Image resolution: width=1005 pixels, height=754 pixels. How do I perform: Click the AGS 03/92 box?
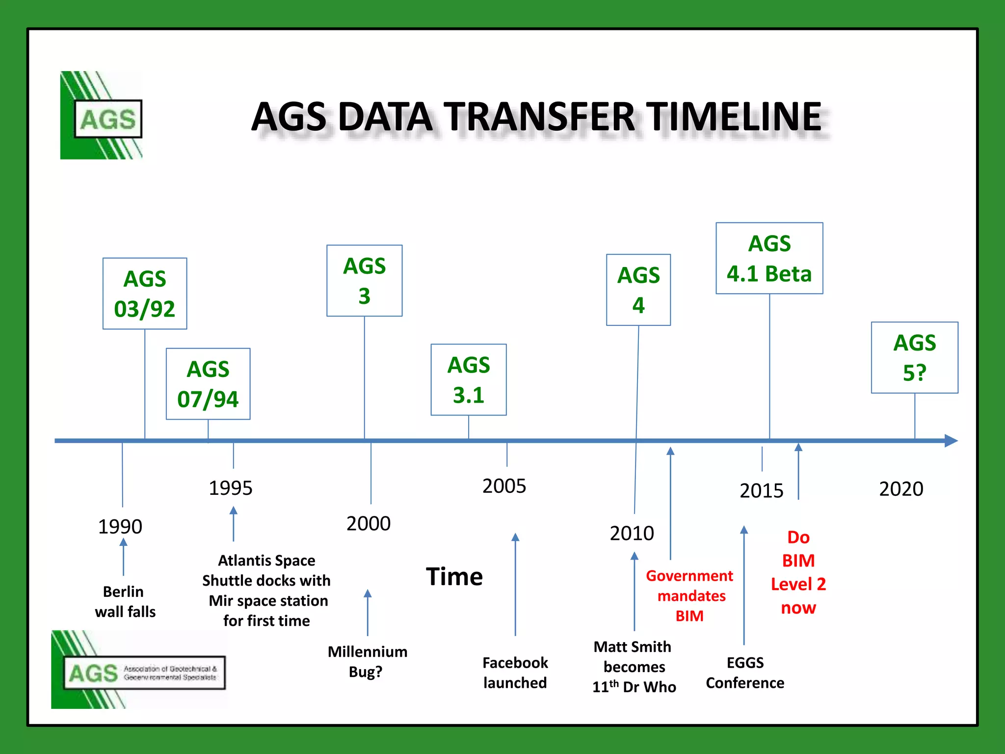click(145, 294)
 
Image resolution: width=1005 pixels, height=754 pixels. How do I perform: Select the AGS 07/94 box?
click(208, 384)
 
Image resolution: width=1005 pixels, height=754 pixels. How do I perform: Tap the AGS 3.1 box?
click(469, 379)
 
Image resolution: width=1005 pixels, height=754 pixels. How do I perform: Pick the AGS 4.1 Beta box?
click(769, 258)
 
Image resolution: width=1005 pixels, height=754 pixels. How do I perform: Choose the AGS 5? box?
click(914, 357)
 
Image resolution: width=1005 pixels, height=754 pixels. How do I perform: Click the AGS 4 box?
click(638, 290)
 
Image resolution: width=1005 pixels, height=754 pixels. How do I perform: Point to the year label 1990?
click(120, 526)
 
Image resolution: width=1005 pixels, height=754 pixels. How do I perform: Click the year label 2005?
click(504, 486)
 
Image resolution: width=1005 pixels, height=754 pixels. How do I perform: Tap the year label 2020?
click(901, 489)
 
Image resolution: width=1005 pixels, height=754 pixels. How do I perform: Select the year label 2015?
click(761, 490)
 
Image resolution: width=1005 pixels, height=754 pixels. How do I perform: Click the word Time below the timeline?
click(454, 576)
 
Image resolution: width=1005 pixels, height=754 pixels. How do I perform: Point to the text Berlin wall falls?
click(125, 601)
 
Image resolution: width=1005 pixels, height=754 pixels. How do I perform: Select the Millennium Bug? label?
click(367, 661)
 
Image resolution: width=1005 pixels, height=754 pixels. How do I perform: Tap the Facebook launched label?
click(515, 673)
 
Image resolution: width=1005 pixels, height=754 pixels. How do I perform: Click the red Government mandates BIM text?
click(689, 595)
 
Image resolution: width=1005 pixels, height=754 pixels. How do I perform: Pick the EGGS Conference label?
click(744, 673)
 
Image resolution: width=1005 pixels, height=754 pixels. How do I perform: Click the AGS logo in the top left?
click(102, 115)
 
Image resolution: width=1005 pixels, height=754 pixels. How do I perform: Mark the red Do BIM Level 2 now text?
click(798, 572)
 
